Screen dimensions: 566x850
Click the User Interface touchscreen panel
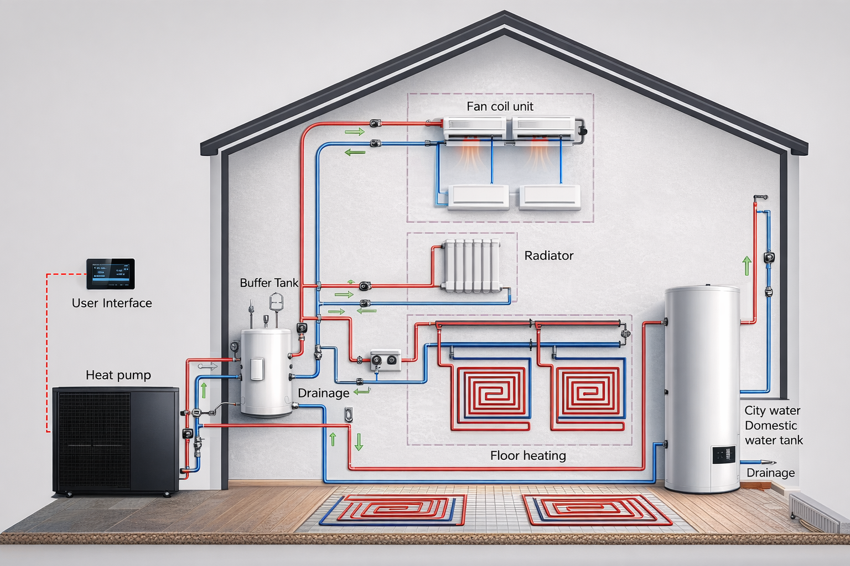[111, 274]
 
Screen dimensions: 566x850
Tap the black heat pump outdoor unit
[115, 439]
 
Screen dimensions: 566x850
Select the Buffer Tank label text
[269, 283]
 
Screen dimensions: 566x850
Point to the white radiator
[471, 265]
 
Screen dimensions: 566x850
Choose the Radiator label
[548, 256]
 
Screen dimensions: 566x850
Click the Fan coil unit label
[500, 107]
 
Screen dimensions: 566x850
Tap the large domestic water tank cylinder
[702, 387]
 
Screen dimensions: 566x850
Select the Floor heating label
[528, 455]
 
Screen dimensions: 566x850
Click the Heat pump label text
[118, 375]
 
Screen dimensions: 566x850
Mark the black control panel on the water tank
[723, 455]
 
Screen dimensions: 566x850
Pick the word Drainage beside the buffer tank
[323, 393]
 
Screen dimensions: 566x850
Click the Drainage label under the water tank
[770, 473]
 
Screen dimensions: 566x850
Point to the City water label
[772, 411]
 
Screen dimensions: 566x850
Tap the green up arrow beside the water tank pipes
[747, 266]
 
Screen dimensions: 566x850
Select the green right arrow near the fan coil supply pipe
[355, 132]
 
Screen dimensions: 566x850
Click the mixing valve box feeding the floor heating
[385, 360]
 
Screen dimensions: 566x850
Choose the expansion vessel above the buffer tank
[276, 302]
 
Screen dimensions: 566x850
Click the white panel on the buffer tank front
[257, 369]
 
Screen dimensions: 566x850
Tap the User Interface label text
[112, 303]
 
